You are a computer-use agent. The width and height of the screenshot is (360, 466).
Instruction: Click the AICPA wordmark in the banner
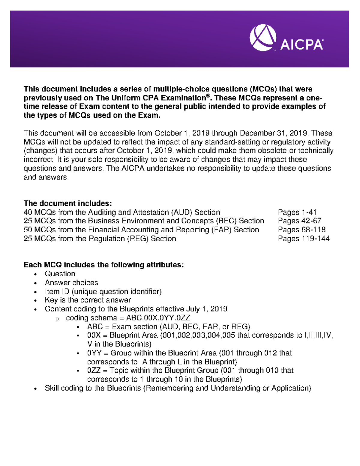point(301,45)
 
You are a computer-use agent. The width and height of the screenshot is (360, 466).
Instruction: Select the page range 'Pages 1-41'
point(297,212)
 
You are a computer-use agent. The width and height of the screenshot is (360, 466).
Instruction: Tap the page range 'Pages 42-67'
point(299,221)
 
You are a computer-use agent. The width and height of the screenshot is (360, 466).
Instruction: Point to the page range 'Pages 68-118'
point(301,230)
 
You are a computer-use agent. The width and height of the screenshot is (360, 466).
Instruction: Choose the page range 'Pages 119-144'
point(304,239)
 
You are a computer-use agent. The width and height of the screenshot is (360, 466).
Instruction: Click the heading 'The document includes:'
point(67,203)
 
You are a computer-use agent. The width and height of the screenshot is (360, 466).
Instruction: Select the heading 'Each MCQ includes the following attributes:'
point(103,265)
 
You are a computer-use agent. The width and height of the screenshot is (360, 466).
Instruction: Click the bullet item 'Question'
point(60,274)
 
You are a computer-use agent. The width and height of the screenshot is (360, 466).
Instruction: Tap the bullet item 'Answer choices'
point(71,283)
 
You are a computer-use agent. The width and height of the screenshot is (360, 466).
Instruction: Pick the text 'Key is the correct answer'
point(88,300)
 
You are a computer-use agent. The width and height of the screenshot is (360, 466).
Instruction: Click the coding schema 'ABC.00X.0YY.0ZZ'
point(158,318)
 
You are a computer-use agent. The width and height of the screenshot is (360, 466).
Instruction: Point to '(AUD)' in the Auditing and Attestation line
point(181,212)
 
